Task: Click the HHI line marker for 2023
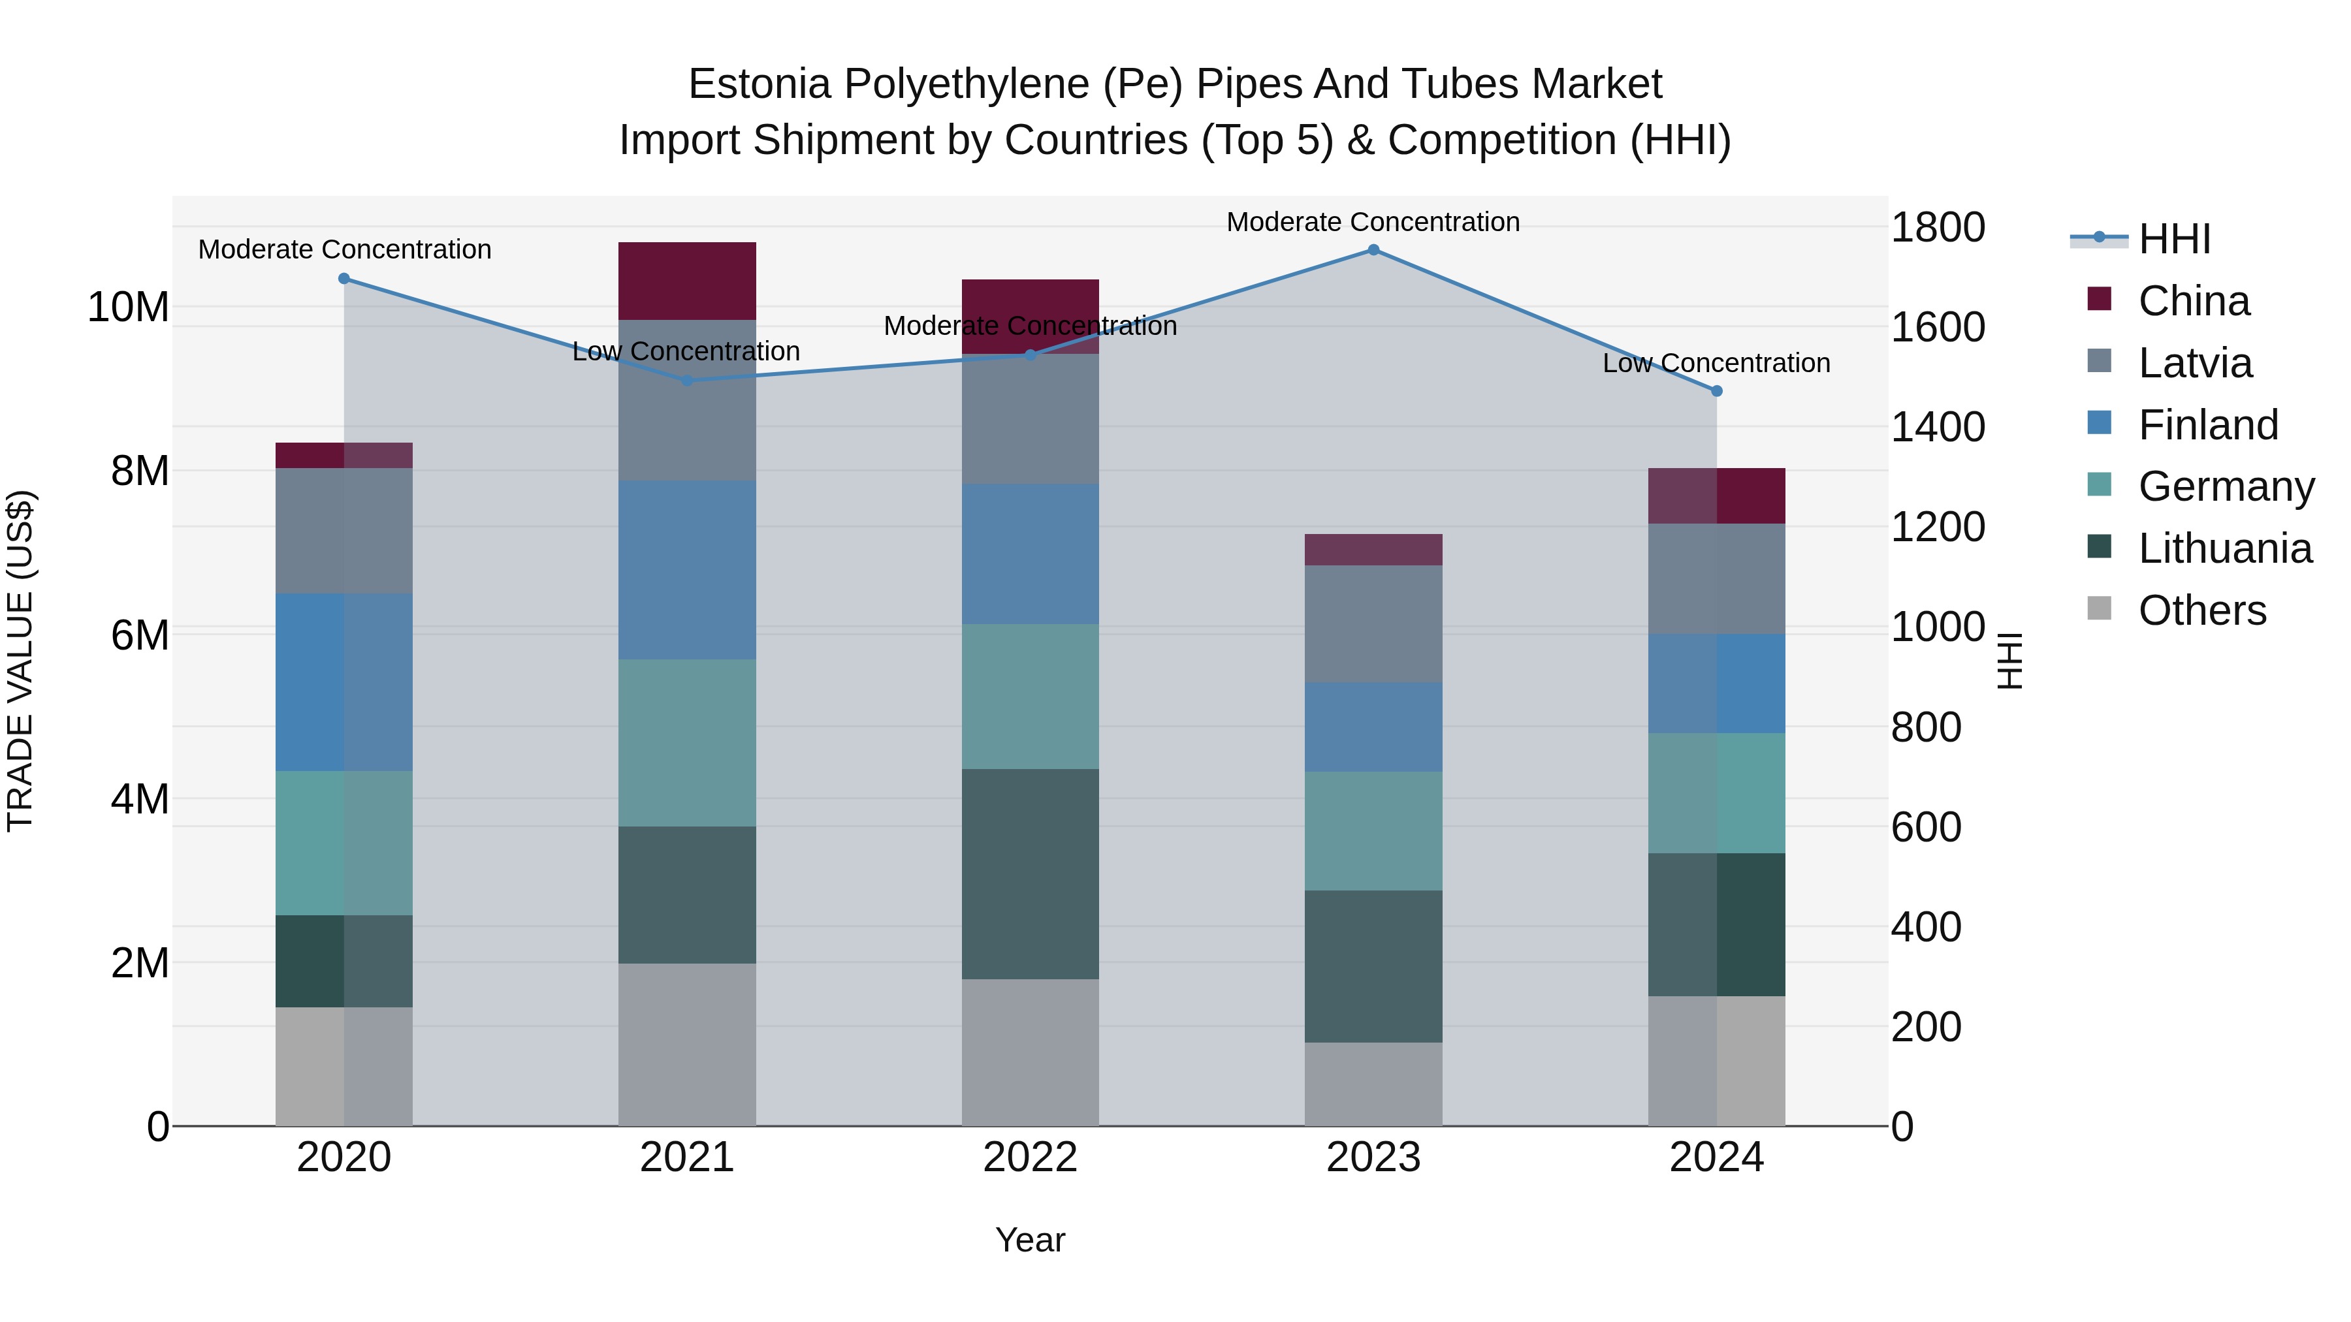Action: [1373, 250]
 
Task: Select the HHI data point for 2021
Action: [687, 381]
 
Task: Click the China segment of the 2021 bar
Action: [687, 281]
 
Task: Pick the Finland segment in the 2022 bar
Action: [1031, 554]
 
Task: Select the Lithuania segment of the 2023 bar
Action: [1373, 966]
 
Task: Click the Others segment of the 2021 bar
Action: [687, 1045]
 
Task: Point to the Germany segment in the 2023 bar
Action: [1373, 831]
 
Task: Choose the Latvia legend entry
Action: [2195, 363]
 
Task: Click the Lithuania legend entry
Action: [2225, 548]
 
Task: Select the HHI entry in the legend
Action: [2174, 239]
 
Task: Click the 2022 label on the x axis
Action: [1031, 1157]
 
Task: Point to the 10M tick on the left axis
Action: [128, 307]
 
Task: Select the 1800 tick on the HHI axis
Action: [1938, 227]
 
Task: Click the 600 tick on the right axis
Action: [1926, 828]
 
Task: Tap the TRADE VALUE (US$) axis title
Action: [20, 661]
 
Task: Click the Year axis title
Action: [1031, 1240]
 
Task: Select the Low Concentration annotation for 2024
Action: [1717, 363]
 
